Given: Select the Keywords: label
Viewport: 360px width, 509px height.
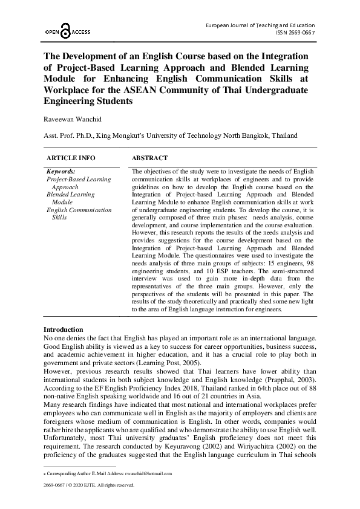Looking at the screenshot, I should tap(61, 172).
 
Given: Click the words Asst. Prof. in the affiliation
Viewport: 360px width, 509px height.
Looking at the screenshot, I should tap(59, 136).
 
